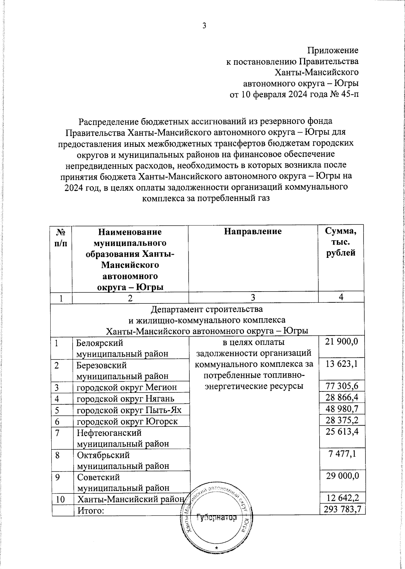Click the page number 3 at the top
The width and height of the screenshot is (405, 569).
(x=204, y=26)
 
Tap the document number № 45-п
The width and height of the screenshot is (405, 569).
(x=344, y=94)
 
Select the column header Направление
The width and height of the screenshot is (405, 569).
(x=253, y=232)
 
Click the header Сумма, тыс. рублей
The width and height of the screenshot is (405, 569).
(x=340, y=242)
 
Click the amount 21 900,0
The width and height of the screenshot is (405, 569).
(x=341, y=342)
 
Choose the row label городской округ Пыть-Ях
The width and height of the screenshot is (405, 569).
(x=129, y=410)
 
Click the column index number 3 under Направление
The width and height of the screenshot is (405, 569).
(x=253, y=297)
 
